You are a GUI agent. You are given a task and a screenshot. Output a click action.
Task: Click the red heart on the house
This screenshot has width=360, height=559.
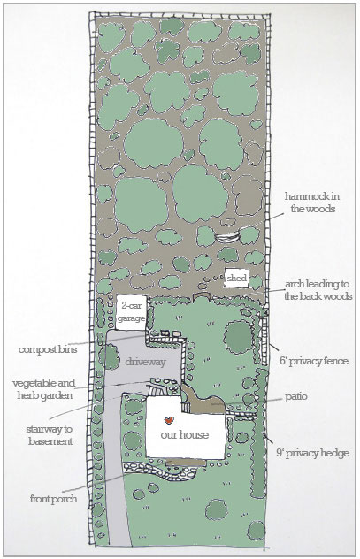pyautogui.click(x=169, y=420)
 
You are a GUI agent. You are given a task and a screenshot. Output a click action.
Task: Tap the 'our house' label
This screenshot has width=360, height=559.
pyautogui.click(x=184, y=434)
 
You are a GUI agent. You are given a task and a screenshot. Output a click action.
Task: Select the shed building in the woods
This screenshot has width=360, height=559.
pyautogui.click(x=236, y=278)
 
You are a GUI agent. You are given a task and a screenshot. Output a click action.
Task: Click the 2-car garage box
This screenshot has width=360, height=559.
pyautogui.click(x=131, y=312)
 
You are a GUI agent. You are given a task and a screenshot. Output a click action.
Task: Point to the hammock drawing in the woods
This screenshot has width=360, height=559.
pyautogui.click(x=227, y=237)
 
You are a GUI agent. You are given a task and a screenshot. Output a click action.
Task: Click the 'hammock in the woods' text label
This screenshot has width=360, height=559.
pyautogui.click(x=312, y=203)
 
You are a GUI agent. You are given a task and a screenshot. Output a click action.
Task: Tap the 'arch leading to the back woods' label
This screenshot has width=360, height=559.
pyautogui.click(x=318, y=290)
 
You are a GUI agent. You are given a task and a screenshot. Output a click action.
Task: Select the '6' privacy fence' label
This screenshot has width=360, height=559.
pyautogui.click(x=314, y=361)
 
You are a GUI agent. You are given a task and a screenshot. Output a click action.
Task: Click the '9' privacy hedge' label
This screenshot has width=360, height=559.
pyautogui.click(x=312, y=453)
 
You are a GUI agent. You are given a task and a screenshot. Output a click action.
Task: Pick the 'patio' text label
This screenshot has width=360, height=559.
pyautogui.click(x=295, y=397)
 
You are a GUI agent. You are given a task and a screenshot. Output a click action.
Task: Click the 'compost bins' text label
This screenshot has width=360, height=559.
pyautogui.click(x=48, y=349)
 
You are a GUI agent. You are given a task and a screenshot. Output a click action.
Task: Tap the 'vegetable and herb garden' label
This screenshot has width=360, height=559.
pyautogui.click(x=44, y=389)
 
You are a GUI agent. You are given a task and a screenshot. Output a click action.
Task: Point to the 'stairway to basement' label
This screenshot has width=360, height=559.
pyautogui.click(x=50, y=435)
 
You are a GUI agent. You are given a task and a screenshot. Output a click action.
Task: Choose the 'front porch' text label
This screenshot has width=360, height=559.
pyautogui.click(x=53, y=498)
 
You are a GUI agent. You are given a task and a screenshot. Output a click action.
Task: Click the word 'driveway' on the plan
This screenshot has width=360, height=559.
pyautogui.click(x=145, y=362)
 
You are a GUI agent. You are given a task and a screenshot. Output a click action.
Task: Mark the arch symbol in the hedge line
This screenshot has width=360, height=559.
pyautogui.click(x=200, y=297)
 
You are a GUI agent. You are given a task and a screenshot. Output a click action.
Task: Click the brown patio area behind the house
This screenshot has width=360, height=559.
pyautogui.click(x=203, y=402)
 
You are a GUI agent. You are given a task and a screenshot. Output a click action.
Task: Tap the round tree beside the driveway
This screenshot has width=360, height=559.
pyautogui.click(x=109, y=356)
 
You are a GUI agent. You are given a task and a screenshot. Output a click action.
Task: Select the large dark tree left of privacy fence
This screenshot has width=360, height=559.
pyautogui.click(x=238, y=337)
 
